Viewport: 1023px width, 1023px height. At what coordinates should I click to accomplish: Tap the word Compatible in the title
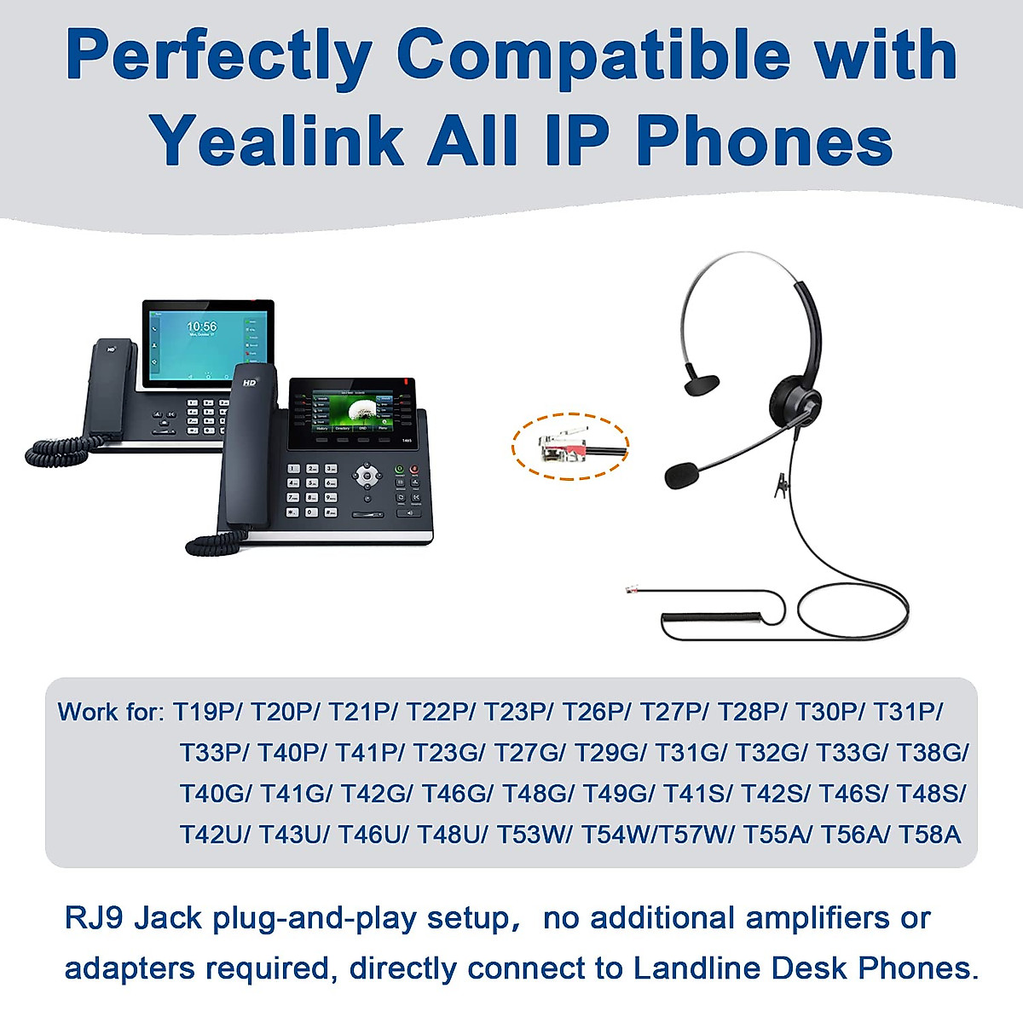tap(593, 55)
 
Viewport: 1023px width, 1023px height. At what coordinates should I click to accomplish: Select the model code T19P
tap(207, 711)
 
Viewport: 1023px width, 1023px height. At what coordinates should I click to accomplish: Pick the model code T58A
tap(929, 834)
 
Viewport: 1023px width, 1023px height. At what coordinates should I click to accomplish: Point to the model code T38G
tap(932, 753)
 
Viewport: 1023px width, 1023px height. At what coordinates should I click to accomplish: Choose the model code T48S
tap(931, 794)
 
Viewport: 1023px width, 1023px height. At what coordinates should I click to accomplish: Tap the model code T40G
tap(215, 794)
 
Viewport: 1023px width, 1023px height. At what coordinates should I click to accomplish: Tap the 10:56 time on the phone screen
tap(202, 327)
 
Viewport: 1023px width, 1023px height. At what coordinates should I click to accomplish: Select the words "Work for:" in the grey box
tap(110, 711)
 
